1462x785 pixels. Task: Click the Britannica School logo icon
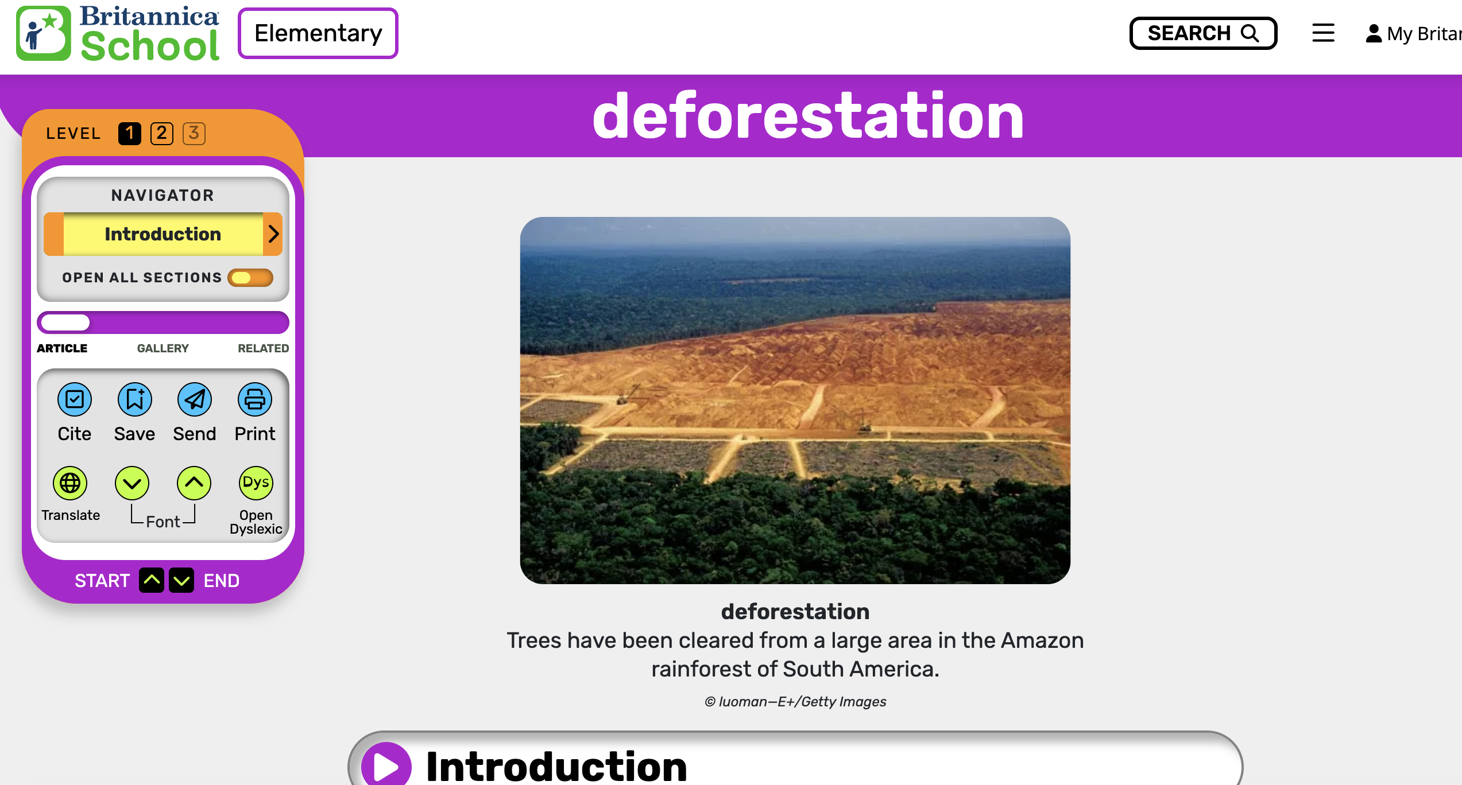(44, 33)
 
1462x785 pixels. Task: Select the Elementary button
(318, 33)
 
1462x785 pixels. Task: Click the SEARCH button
(1203, 33)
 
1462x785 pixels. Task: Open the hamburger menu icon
(1323, 33)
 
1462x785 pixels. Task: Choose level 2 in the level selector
(162, 134)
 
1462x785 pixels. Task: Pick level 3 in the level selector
(194, 134)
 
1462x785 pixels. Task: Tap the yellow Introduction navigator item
(163, 234)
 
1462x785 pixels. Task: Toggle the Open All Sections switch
(250, 278)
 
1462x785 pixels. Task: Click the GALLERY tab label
(163, 348)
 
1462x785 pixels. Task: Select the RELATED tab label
(264, 348)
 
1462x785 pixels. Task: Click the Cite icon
(75, 399)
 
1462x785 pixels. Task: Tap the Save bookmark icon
(135, 399)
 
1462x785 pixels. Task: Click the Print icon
(255, 399)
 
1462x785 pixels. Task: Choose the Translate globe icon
(70, 483)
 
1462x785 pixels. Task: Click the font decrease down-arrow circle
(132, 483)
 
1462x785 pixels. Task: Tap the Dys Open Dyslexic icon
(256, 483)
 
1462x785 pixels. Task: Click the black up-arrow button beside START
(152, 580)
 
